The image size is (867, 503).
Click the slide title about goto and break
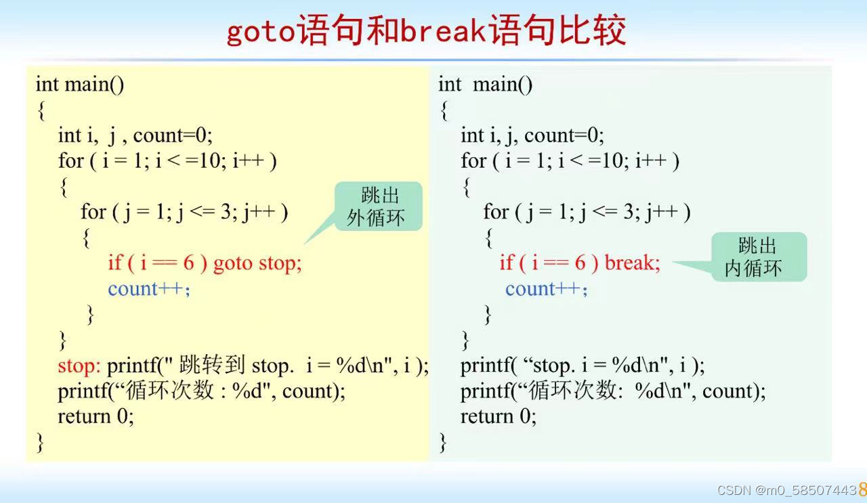coord(425,31)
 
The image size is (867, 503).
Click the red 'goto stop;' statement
coord(257,263)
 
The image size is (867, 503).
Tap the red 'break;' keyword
coord(632,263)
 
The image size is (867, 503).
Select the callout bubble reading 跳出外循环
coord(379,206)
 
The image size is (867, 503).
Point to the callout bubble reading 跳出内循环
coord(758,257)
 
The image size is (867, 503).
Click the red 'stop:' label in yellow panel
coord(79,366)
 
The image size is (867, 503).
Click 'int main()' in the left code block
coord(80,84)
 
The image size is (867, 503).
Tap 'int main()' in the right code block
coord(485,84)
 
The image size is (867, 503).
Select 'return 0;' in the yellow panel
coord(96,416)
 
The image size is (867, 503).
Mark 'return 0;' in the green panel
coord(499,416)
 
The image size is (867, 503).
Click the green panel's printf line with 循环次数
coord(613,391)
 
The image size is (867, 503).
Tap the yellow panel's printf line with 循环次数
coord(201,391)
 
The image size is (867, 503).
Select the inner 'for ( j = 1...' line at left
coord(184,212)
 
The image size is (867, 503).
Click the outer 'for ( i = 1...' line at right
coord(570,161)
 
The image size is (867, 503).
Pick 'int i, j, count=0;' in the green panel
coord(532,135)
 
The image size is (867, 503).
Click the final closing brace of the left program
coord(40,442)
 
